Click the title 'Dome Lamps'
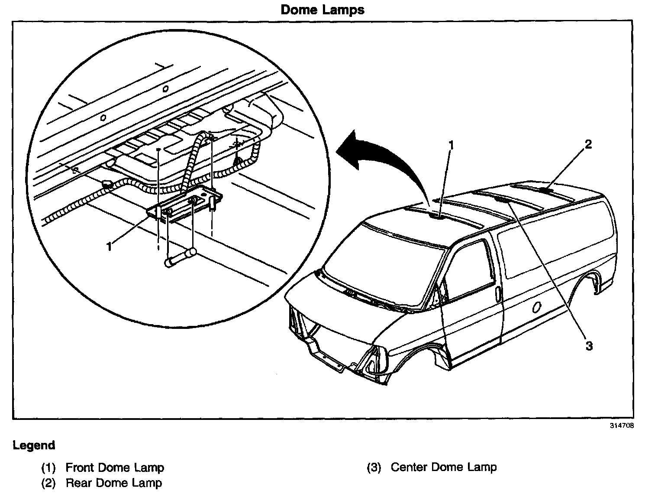323,10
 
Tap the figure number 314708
622,426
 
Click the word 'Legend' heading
34,445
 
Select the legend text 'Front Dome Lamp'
115,468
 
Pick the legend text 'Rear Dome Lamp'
114,483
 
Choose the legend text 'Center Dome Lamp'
444,467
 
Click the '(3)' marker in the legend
374,468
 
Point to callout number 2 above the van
588,145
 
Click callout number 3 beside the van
589,345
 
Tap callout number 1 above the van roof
451,146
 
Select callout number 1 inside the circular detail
109,247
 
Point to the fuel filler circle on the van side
537,307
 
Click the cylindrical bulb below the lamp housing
178,258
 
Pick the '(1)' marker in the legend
48,468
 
